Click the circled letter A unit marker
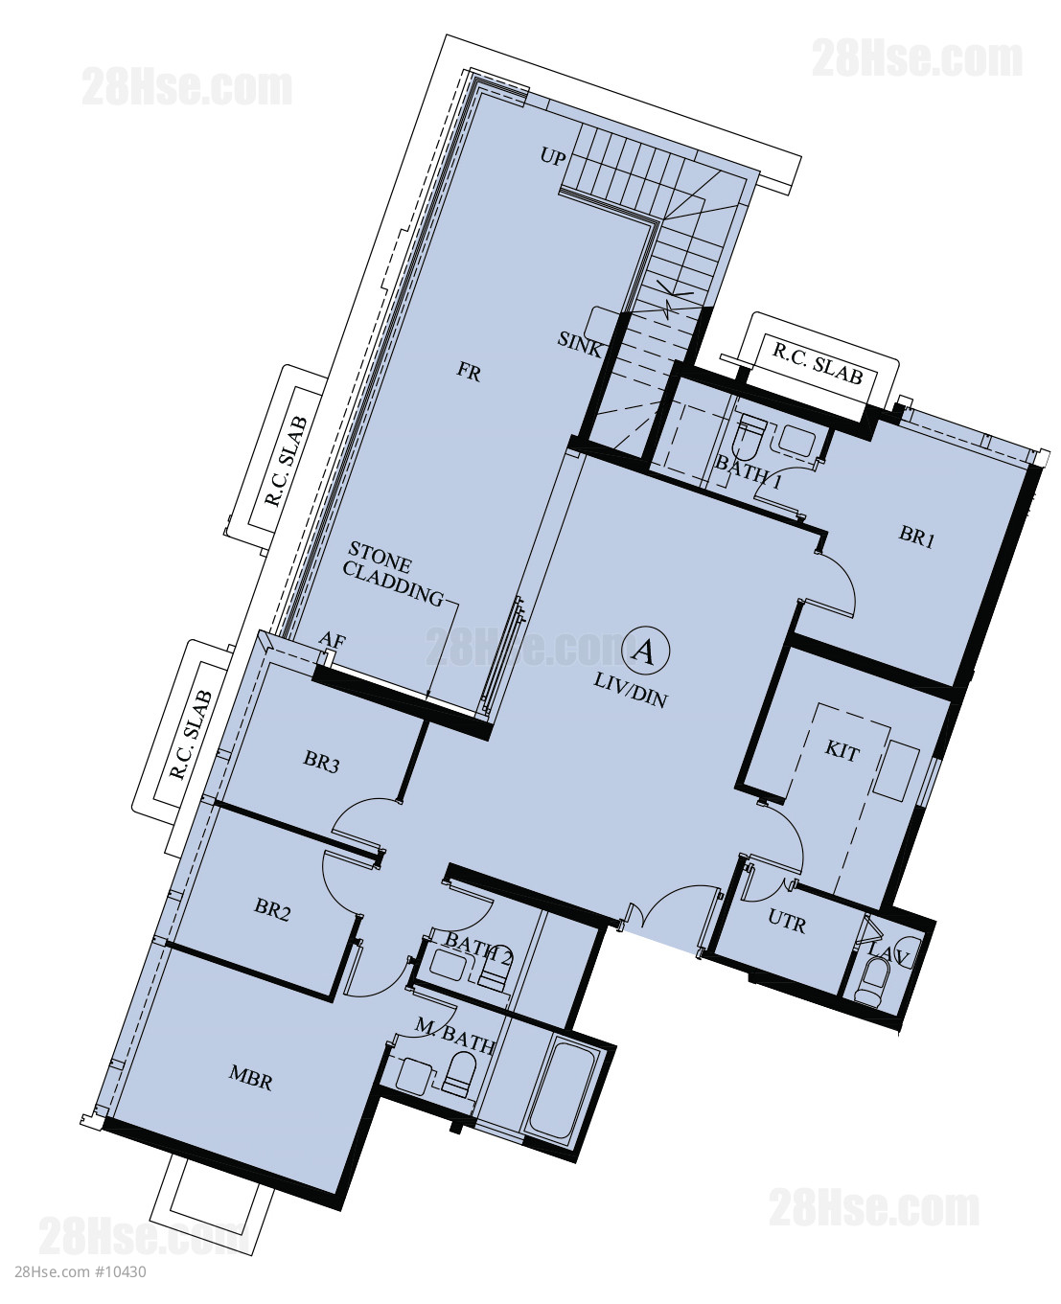(644, 652)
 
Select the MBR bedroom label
(250, 1078)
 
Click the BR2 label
(272, 910)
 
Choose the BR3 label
(321, 763)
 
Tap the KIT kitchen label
(842, 750)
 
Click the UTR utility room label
(787, 922)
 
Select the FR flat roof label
(469, 372)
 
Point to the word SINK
(579, 344)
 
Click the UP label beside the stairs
(553, 157)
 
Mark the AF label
(332, 641)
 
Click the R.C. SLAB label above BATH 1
(818, 364)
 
